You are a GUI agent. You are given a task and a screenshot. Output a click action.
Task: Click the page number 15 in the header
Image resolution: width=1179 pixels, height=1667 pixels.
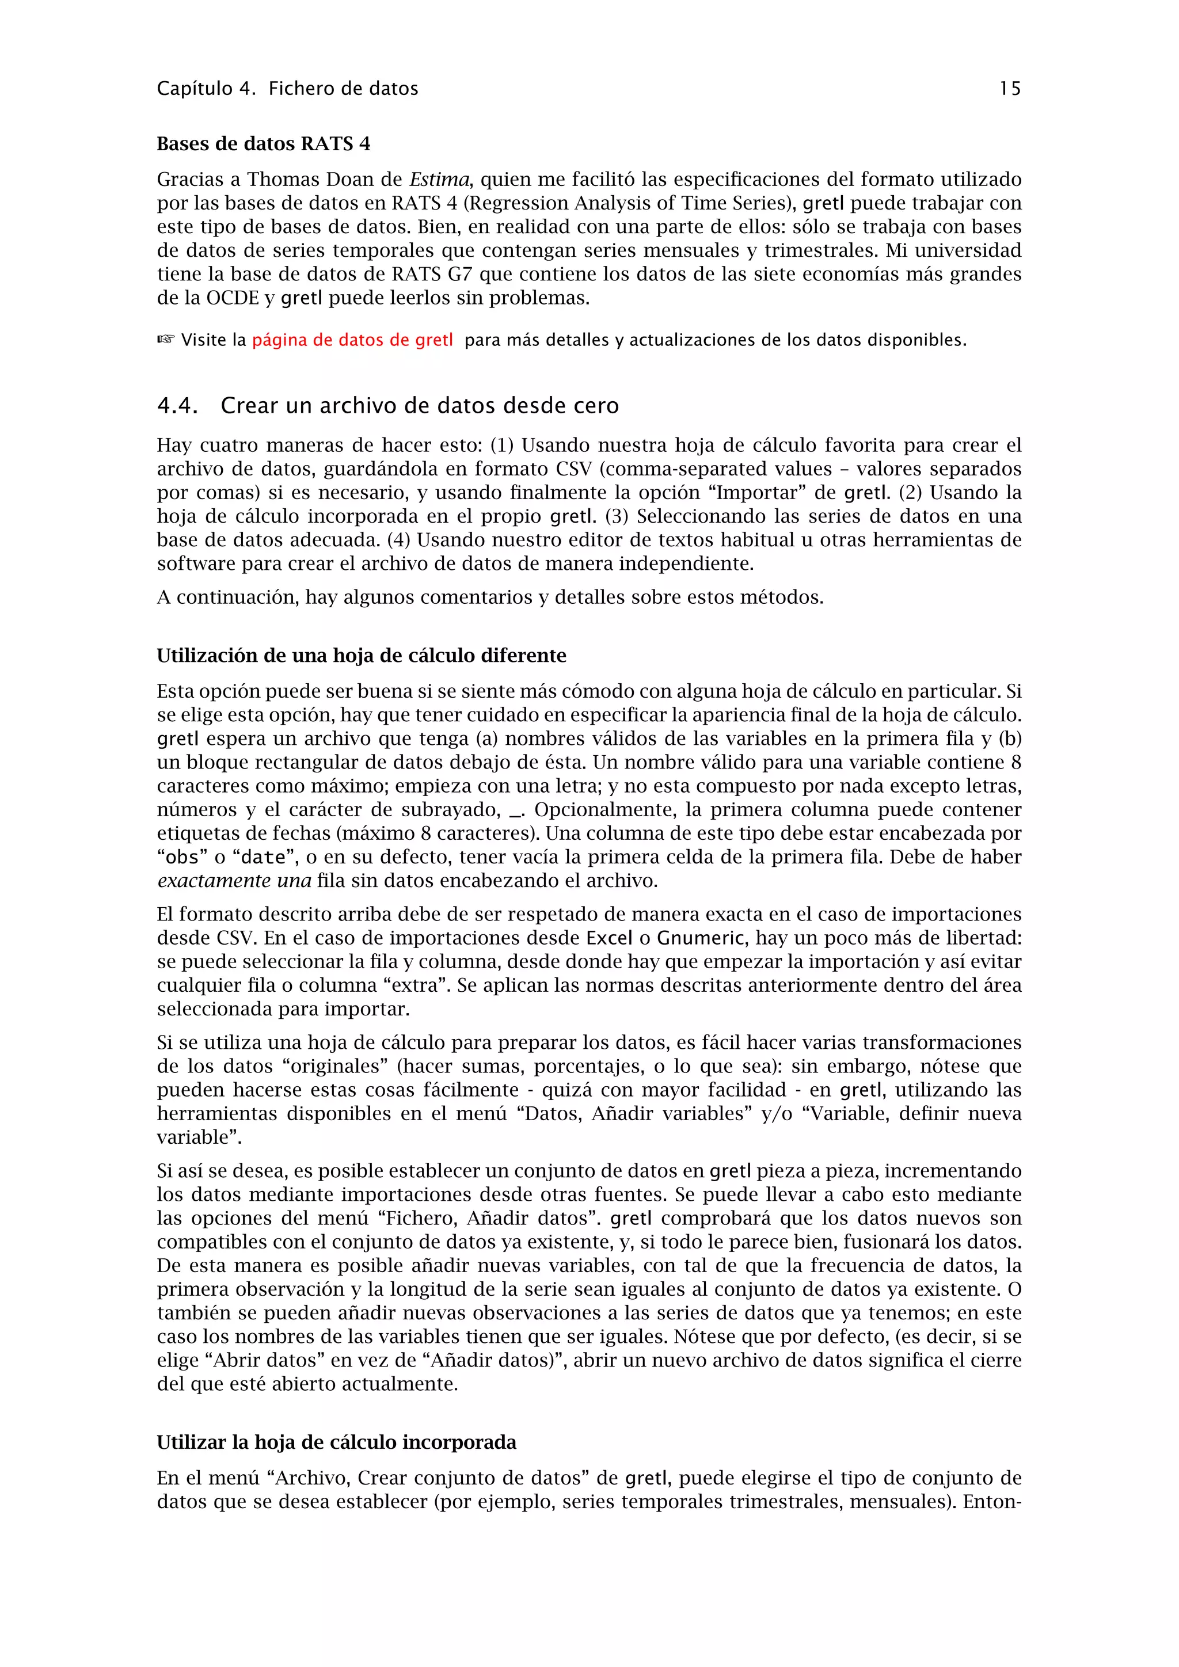(x=1010, y=89)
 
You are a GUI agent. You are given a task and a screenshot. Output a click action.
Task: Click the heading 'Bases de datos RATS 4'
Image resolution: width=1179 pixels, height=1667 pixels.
(x=264, y=144)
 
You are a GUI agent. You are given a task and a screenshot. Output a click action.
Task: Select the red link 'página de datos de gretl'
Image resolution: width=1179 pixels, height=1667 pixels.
(x=353, y=340)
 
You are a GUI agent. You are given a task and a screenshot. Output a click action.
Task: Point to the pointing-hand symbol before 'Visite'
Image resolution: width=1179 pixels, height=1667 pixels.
(x=166, y=340)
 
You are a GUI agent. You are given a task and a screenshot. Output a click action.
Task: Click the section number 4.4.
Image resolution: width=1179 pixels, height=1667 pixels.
(x=177, y=406)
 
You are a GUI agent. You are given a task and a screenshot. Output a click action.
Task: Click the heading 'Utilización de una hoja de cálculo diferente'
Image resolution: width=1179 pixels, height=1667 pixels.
(x=362, y=656)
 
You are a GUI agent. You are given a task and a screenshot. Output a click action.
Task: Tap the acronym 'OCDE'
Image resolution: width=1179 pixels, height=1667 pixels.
(x=233, y=298)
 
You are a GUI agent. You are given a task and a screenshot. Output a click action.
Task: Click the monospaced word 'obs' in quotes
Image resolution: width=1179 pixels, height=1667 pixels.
(x=182, y=858)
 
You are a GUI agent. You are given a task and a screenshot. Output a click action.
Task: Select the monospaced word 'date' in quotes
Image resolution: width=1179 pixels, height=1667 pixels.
(x=263, y=858)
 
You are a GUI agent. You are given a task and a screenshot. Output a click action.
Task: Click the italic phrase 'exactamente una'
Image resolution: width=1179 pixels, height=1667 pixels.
(x=234, y=881)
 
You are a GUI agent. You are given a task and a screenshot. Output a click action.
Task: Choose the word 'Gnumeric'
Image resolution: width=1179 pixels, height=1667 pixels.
(x=701, y=938)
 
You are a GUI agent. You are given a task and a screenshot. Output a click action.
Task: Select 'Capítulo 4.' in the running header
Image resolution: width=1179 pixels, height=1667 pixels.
(x=206, y=89)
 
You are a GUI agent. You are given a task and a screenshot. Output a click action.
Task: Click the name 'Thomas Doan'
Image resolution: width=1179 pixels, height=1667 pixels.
(x=311, y=180)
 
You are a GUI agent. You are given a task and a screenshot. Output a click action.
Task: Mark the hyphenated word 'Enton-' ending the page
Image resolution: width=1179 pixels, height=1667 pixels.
(x=992, y=1501)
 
